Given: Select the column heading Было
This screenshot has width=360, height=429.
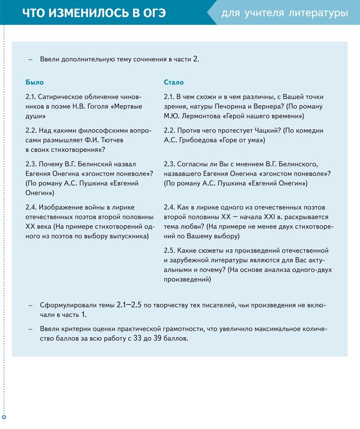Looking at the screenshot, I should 34,82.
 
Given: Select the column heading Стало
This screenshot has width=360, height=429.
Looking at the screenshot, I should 174,82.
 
